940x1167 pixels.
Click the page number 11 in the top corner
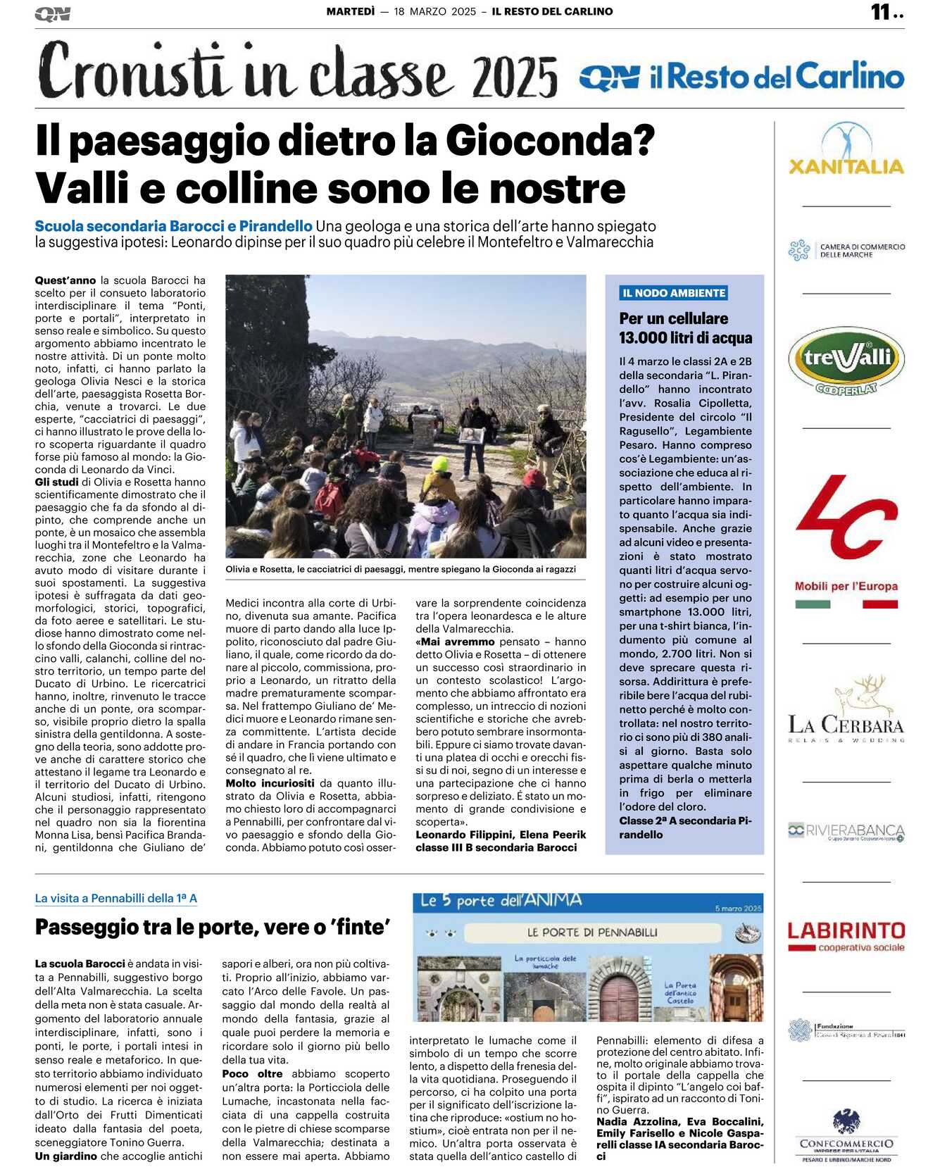coord(880,12)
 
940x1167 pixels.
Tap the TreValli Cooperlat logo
coord(846,361)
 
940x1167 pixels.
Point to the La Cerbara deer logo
coord(846,711)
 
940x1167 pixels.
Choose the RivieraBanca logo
coord(846,831)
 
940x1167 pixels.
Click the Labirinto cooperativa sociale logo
coord(846,936)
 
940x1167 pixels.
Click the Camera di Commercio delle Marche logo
coord(846,250)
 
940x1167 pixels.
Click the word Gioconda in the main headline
coord(550,140)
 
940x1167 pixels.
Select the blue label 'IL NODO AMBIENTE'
coord(673,293)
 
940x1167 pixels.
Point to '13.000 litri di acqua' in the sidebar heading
coord(685,338)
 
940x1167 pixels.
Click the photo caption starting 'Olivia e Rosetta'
coord(400,569)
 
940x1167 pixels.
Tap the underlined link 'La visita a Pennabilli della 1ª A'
coord(116,898)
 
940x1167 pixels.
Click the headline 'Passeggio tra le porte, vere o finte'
coord(213,927)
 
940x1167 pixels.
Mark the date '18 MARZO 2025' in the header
coord(434,12)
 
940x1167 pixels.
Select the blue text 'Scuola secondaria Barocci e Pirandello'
coord(173,226)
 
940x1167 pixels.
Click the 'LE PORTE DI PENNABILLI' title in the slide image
coord(592,932)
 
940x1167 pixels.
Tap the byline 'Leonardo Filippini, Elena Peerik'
coord(500,835)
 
